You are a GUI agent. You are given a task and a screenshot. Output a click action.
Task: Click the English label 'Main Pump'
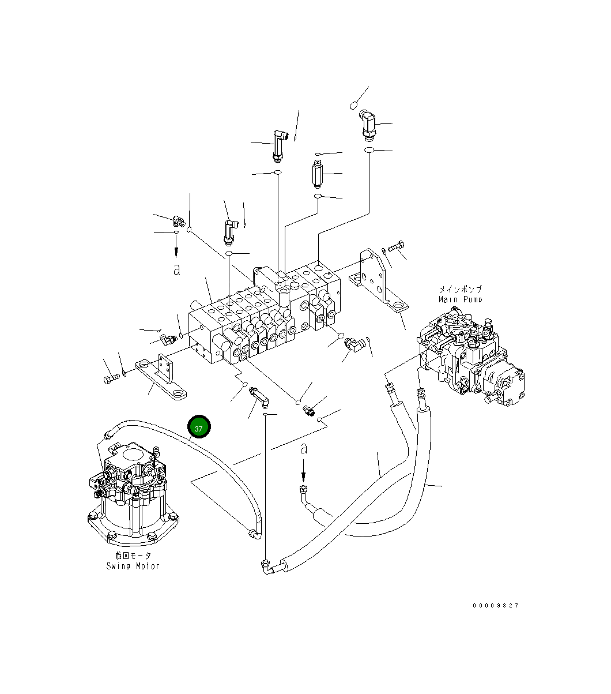(x=460, y=299)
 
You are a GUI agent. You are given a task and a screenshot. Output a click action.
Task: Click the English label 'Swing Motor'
(x=133, y=565)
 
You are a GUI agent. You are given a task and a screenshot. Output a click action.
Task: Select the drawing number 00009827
(x=496, y=605)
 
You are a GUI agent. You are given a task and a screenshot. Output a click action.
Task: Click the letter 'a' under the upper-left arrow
(x=176, y=269)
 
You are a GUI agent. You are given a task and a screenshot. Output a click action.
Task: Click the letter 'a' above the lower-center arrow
(x=304, y=448)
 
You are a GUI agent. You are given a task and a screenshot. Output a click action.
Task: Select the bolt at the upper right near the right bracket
(x=396, y=247)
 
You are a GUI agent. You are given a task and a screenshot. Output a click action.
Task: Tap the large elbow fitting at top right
(x=367, y=125)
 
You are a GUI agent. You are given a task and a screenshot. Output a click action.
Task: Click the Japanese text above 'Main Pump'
(x=460, y=289)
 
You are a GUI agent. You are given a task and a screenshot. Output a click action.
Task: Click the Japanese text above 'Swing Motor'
(x=133, y=555)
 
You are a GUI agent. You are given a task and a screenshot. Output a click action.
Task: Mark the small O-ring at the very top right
(x=354, y=105)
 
